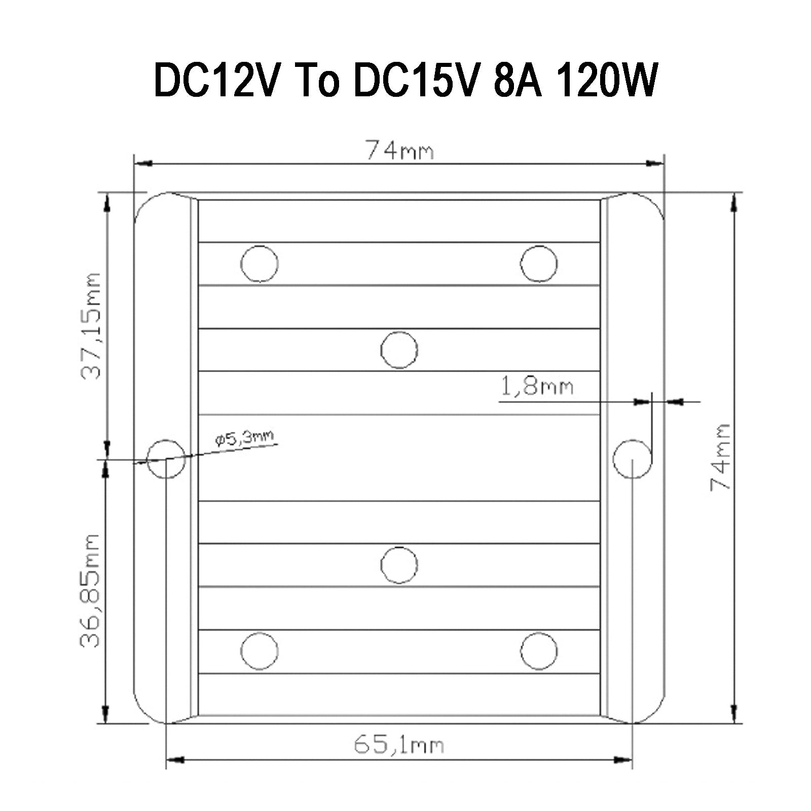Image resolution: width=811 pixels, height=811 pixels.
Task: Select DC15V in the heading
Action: click(x=415, y=80)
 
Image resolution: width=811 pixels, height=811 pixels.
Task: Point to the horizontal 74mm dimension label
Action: click(x=399, y=151)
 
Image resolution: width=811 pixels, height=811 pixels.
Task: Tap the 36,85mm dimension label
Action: click(x=92, y=590)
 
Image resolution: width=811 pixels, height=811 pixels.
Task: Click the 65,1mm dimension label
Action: click(x=398, y=745)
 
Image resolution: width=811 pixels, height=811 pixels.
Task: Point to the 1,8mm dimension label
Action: click(x=537, y=387)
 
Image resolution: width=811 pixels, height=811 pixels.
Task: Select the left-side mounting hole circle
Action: click(x=166, y=459)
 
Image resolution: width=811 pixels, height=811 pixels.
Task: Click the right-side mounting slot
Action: click(x=633, y=459)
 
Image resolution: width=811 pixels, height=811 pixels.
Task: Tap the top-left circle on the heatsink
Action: click(x=260, y=264)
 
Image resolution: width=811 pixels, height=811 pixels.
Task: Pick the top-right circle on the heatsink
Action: click(x=539, y=264)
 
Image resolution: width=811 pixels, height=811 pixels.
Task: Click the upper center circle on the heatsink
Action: click(x=399, y=350)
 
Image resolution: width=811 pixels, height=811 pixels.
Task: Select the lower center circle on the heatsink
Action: click(x=399, y=565)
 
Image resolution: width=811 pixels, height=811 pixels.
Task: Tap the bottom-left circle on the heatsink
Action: click(x=260, y=651)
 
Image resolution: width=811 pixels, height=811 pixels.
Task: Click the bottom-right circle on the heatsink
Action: click(x=539, y=651)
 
